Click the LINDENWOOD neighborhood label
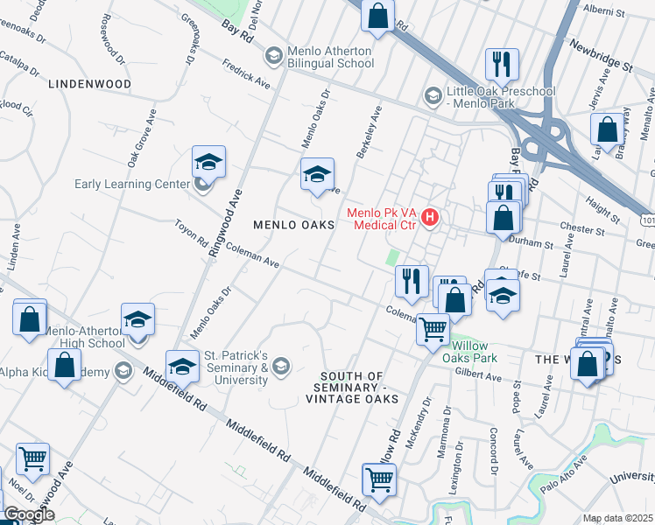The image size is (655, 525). click(x=90, y=84)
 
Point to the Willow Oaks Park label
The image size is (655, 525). click(x=471, y=351)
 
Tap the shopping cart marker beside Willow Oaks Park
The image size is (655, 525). click(x=433, y=330)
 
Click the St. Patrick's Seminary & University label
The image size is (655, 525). click(x=236, y=367)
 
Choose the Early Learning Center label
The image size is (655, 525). click(x=132, y=184)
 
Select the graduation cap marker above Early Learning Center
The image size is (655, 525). click(x=208, y=162)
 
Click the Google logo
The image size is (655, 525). click(x=28, y=514)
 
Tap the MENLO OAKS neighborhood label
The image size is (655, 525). click(x=294, y=225)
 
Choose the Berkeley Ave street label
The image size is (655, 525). click(x=370, y=132)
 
